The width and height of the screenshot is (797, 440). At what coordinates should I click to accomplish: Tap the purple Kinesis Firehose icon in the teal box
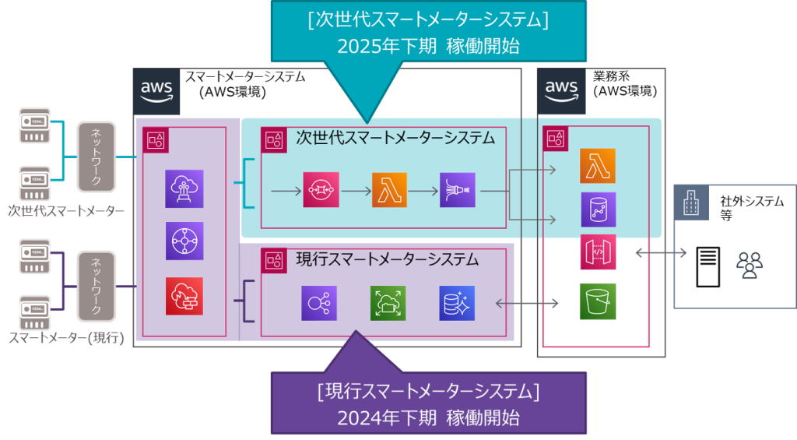pos(457,189)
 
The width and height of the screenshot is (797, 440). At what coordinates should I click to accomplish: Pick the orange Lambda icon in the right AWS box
pos(598,166)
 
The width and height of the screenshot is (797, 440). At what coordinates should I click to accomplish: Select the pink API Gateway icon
pos(598,252)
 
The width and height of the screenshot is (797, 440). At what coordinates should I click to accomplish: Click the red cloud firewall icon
pos(184,296)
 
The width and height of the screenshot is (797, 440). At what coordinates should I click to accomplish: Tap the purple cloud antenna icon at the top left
pos(184,188)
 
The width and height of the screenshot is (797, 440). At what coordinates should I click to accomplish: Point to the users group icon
pos(749,266)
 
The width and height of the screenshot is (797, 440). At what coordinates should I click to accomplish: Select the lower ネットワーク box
pos(97,287)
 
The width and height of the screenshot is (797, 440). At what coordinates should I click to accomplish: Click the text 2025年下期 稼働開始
pos(428,45)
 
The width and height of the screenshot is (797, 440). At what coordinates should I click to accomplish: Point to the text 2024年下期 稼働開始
pos(428,417)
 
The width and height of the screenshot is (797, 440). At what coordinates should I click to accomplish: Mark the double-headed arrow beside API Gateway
pos(662,253)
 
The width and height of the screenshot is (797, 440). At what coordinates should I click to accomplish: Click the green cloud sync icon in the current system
pos(388,303)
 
